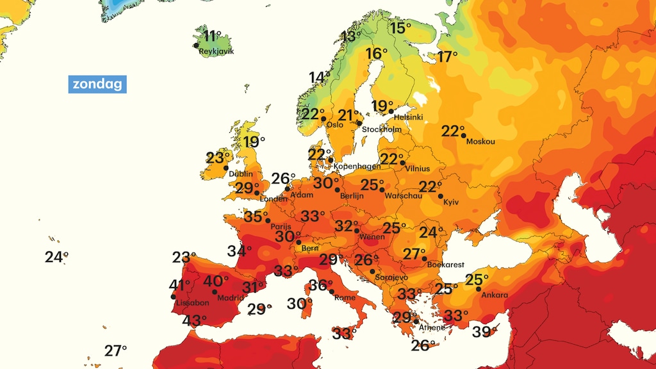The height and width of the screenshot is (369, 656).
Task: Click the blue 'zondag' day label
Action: [x=97, y=85]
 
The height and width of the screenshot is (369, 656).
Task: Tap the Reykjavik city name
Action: [x=216, y=51]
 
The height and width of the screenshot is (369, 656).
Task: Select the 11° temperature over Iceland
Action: [x=211, y=35]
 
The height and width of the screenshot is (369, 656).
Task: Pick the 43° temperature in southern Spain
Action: [x=195, y=320]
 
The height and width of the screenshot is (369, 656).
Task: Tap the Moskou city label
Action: [x=480, y=142]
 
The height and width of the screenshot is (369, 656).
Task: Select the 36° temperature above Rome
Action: [x=321, y=285]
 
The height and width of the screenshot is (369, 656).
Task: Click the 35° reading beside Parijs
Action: [x=256, y=217]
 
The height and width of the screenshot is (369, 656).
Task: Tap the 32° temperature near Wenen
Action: [x=347, y=225]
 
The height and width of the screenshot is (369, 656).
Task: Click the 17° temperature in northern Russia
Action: [x=448, y=56]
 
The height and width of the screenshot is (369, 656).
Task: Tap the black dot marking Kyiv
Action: [x=441, y=196]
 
